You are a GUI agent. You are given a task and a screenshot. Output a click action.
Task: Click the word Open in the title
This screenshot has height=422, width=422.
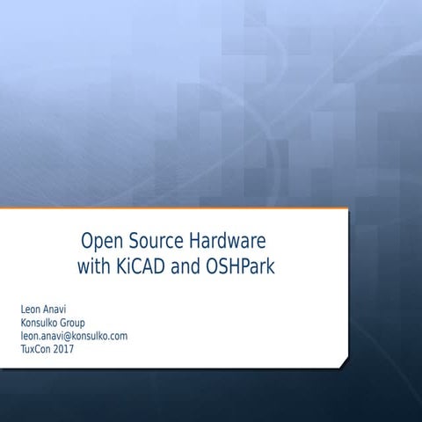coord(102,240)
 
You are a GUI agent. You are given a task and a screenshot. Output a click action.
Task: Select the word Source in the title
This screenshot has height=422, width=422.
coord(156,240)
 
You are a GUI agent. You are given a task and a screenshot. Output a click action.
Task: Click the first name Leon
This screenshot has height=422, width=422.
coord(30,309)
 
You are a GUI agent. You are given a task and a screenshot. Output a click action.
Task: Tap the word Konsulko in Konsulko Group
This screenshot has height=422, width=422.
coord(40,323)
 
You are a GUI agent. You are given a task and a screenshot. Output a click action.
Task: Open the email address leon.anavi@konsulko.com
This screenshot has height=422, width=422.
coord(74,336)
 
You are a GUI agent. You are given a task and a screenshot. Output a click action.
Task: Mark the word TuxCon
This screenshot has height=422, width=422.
coord(35,349)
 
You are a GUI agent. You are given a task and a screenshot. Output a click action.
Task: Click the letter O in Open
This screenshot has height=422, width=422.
coord(88,240)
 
